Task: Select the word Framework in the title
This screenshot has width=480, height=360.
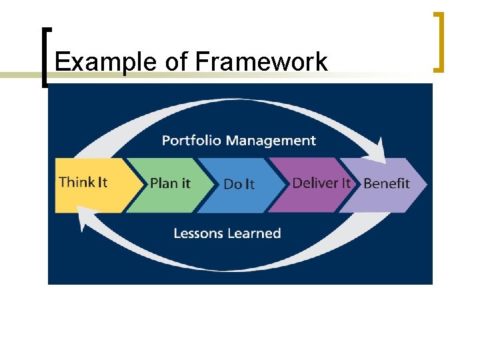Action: click(x=261, y=62)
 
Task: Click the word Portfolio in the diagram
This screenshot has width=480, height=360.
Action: click(x=192, y=141)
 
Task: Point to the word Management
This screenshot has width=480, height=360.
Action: click(x=271, y=141)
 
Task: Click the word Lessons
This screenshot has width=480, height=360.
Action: click(x=198, y=233)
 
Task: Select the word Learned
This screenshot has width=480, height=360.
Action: click(x=254, y=233)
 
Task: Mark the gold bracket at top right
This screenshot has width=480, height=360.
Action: click(x=439, y=41)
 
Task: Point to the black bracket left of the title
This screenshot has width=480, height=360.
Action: click(x=45, y=57)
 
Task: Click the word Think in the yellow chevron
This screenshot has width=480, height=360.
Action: click(x=73, y=182)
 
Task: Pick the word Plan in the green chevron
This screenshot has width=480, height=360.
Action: click(x=162, y=183)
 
